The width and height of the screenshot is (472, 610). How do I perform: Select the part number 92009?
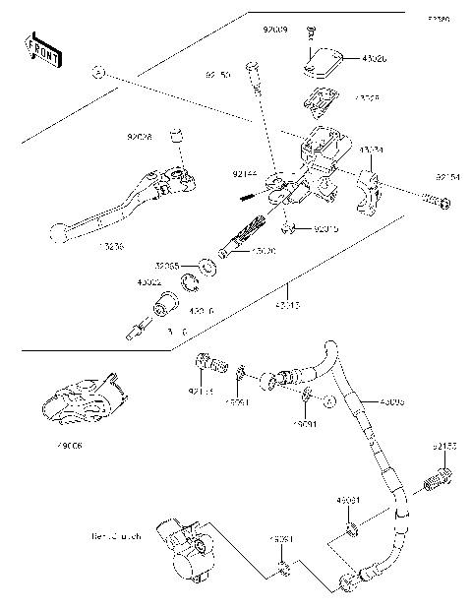274,31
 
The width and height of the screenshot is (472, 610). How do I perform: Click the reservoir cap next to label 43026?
318,59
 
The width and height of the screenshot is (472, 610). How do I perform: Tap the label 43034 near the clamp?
371,150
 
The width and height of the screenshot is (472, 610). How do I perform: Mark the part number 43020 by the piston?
263,252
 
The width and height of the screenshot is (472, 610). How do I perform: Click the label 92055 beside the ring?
166,266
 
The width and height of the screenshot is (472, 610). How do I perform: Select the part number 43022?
148,281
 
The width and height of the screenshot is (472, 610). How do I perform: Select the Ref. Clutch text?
116,537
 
